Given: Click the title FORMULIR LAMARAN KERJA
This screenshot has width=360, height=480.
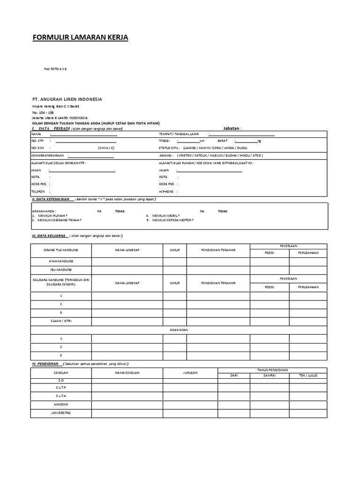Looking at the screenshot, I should [80, 37].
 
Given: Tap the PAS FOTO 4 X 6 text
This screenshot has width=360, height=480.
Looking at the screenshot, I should [55, 69].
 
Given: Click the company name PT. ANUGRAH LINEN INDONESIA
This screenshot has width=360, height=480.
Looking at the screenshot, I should [67, 99].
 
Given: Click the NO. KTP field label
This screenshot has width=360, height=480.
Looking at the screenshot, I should [37, 141].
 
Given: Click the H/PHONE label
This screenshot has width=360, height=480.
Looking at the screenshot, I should [166, 192].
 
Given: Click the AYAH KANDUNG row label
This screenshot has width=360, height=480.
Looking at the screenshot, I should [61, 261].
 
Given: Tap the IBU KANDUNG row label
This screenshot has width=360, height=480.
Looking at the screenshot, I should [61, 270].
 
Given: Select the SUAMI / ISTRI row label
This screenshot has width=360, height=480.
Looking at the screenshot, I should [61, 321].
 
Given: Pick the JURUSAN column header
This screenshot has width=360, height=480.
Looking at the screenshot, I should [190, 373].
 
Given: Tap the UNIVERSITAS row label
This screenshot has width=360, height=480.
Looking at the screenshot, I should [61, 413].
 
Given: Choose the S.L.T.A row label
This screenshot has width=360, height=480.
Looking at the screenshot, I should [61, 396].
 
